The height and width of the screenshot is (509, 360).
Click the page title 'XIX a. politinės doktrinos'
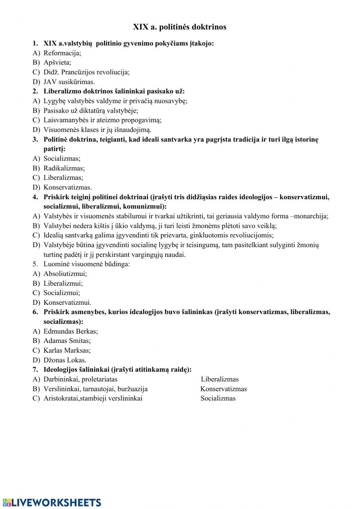180,27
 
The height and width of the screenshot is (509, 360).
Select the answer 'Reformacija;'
62,53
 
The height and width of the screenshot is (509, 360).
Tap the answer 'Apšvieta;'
57,62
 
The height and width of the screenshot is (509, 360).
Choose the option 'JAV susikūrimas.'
69,82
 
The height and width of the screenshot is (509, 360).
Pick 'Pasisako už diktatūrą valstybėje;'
91,111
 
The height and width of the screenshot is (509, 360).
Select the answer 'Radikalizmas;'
64,168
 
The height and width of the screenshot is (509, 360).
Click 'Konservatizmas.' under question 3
68,187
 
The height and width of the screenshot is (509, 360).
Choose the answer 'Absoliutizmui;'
65,274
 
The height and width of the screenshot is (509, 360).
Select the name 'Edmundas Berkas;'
71,331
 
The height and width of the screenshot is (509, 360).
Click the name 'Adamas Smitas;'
67,341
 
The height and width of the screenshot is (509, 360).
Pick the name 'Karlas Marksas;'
67,351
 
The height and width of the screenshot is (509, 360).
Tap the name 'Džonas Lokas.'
65,360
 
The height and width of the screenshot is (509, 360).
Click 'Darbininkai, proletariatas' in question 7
80,379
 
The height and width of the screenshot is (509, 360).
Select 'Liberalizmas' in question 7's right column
220,379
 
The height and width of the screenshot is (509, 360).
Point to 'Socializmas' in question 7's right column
218,398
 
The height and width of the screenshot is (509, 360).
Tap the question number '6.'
35,312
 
